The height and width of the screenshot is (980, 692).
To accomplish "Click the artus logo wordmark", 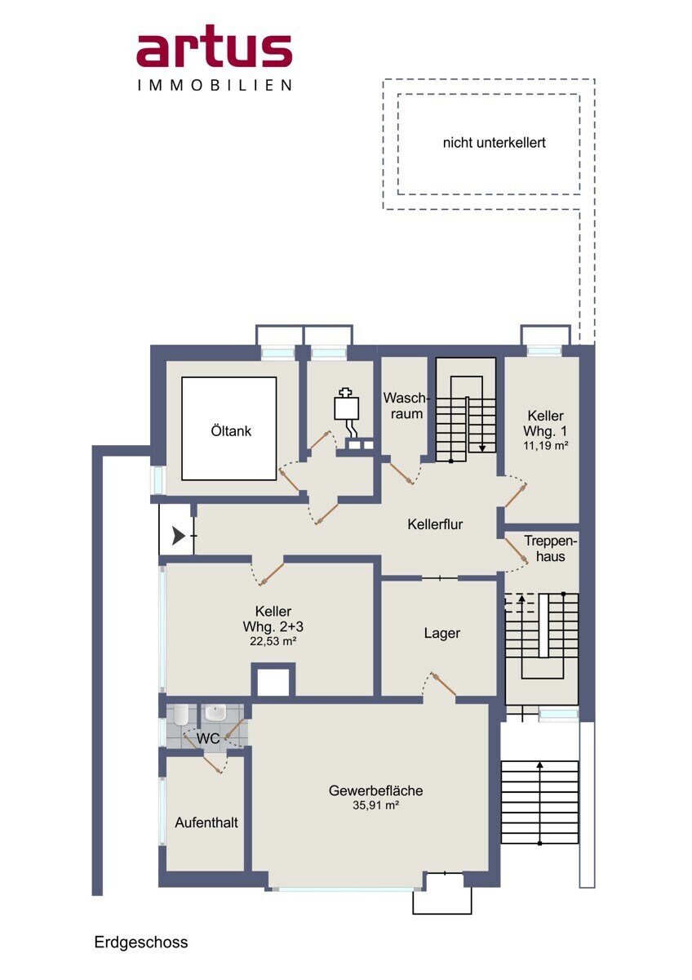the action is pos(214,47).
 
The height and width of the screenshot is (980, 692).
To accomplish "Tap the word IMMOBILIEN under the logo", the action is pos(214,85).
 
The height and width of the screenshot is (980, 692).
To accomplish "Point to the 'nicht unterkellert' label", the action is pos(494,143).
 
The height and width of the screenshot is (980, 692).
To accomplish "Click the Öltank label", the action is pos(231,431).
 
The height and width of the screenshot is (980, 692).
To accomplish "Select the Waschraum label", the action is pos(406,406).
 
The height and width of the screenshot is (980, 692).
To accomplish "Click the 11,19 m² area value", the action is pos(546,446).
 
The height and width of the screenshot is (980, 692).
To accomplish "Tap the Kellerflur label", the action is pos(435,524).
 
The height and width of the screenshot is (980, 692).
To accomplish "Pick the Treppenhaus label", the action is pos(550,549).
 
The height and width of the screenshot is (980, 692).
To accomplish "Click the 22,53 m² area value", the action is pos(273,641).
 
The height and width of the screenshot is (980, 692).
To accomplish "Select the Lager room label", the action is pos(442,633).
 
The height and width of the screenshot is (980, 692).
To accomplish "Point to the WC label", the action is pos(207,739).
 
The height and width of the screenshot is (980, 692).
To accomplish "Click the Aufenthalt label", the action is pos(206,822).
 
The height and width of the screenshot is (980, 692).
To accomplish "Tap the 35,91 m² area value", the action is pos(375,805).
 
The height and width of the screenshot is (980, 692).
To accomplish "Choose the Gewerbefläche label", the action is pos(375,791).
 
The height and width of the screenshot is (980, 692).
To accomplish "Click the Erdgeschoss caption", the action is pos(140,942).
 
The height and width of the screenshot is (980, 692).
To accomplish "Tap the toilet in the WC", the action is pos(180,714).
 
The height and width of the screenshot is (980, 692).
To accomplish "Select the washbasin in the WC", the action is pos(215,713).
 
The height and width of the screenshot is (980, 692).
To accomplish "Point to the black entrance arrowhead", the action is pos(179,536).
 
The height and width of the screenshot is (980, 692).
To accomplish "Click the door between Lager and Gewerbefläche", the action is pos(443,683).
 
